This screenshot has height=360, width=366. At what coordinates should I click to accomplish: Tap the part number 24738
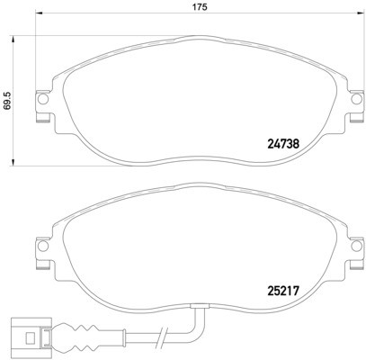pos(285,141)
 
